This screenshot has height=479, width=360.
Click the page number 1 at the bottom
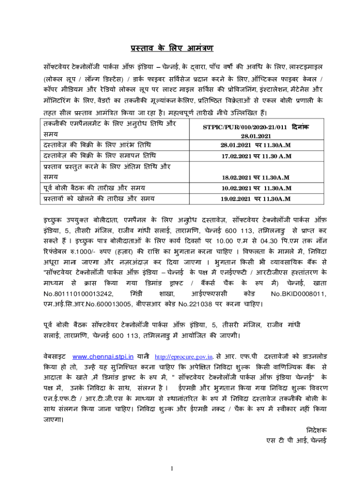click(172, 468)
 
